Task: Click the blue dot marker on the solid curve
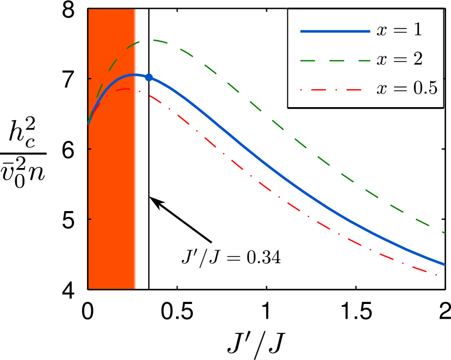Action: [x=149, y=77]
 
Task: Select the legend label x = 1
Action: [x=399, y=30]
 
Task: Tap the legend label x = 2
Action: [x=399, y=59]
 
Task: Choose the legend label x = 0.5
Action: [x=407, y=88]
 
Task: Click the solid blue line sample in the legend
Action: [x=335, y=32]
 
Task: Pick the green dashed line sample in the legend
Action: [x=335, y=60]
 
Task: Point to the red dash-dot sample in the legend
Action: [x=335, y=89]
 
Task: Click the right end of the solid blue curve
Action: [x=445, y=264]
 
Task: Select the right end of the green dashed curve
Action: [x=445, y=233]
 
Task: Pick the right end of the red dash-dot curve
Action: [x=437, y=275]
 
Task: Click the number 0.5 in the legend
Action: [x=426, y=88]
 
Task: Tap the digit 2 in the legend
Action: [x=417, y=59]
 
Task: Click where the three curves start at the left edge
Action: [x=89, y=124]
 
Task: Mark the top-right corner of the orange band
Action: [x=136, y=9]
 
